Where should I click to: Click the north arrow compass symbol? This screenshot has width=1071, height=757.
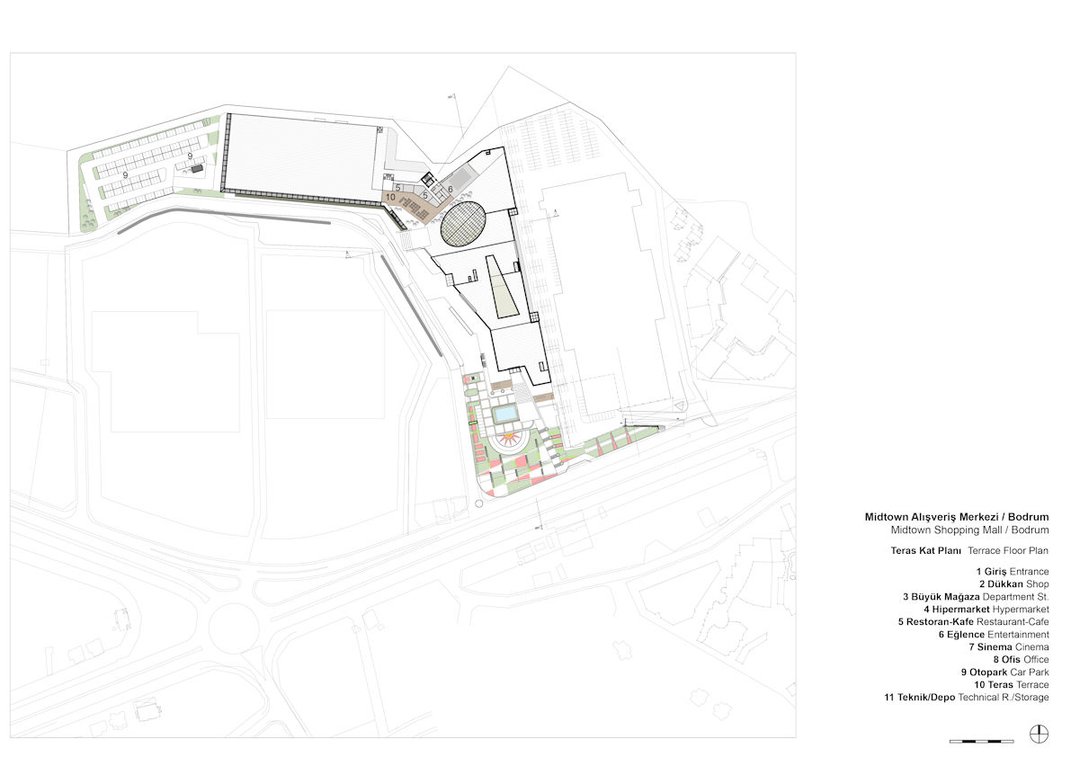(1039, 734)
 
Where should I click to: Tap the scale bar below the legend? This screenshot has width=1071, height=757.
(981, 741)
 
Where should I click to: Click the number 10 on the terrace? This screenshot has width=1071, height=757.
(390, 197)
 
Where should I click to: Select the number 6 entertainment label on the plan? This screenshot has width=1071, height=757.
(451, 189)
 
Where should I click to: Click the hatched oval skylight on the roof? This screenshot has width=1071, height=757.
(462, 223)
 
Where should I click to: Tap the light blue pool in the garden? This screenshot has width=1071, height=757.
(505, 414)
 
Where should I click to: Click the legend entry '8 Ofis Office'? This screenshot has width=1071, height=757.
(1021, 659)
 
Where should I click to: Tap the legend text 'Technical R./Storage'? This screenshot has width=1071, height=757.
(1004, 697)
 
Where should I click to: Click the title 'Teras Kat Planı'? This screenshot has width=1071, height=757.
(925, 550)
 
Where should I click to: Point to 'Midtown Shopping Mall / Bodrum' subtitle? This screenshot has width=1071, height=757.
(970, 530)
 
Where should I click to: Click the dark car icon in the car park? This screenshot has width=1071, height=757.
(198, 168)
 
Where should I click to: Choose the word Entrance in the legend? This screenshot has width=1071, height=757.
(1030, 571)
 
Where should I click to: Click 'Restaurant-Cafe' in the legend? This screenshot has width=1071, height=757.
(1013, 622)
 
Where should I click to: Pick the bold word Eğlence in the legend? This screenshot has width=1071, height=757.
(966, 634)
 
